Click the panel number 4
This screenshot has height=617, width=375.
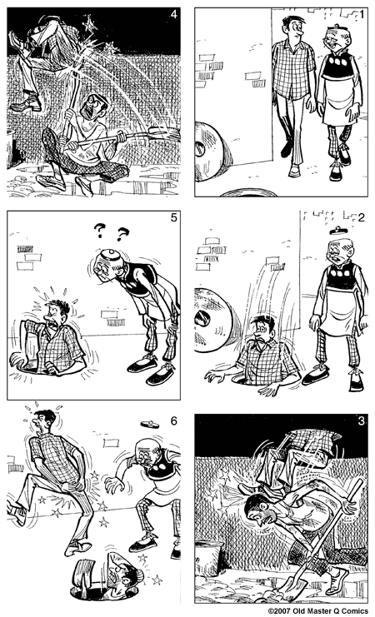click(172, 14)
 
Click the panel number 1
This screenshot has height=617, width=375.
click(358, 15)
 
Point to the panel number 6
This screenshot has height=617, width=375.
click(172, 421)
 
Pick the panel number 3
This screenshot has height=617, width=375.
click(358, 420)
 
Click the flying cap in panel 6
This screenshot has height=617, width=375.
click(148, 423)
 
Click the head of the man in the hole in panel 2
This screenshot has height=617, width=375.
click(263, 333)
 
